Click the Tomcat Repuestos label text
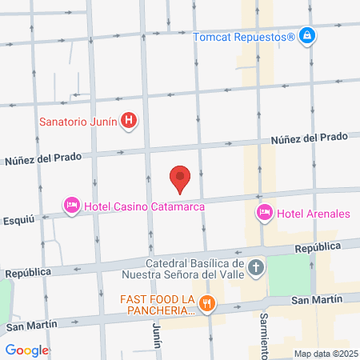(245, 36)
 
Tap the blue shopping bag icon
(307, 36)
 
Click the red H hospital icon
(129, 122)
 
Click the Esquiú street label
(18, 217)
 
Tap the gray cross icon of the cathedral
(255, 267)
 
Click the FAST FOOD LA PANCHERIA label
(158, 305)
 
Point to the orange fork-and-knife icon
(208, 303)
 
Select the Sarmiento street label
(264, 334)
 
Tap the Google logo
(26, 350)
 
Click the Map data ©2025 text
(326, 354)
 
